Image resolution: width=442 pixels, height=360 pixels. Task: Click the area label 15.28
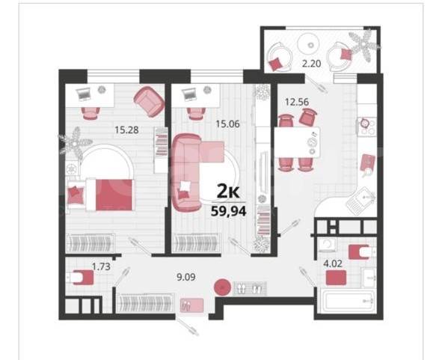[126, 130]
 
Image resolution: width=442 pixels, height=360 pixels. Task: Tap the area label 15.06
[227, 123]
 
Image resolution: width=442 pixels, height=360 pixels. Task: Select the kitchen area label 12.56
[297, 102]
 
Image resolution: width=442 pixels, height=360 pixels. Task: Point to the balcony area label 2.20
[311, 64]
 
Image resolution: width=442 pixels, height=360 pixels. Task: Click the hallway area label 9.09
[185, 277]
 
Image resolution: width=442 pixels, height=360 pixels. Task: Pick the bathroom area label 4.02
[333, 263]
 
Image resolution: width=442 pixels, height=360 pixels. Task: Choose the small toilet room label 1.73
[101, 266]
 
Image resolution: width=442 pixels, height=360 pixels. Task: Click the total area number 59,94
[229, 211]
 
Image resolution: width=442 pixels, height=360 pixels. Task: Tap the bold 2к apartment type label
[228, 192]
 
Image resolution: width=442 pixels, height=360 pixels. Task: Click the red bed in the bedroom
[109, 195]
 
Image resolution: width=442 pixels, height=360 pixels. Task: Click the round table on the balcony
[310, 45]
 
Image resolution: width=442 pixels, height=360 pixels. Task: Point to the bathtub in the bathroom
[348, 302]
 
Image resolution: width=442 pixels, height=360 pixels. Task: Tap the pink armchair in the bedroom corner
[149, 101]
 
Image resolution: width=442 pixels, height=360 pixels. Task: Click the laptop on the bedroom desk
[84, 93]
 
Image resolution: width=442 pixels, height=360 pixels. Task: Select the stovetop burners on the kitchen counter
[367, 126]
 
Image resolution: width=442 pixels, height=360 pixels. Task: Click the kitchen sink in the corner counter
[360, 200]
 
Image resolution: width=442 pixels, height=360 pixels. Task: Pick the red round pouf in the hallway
[222, 287]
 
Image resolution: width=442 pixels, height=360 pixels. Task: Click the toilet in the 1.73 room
[79, 278]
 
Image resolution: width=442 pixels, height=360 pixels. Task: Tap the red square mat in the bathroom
[336, 278]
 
